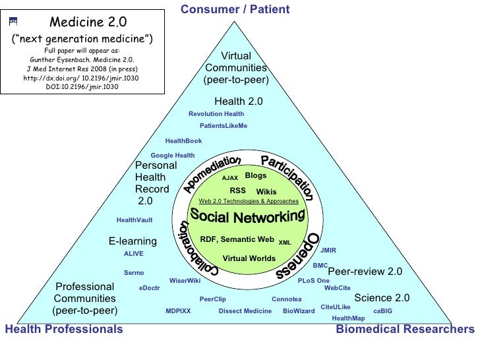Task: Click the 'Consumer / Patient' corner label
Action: click(x=235, y=9)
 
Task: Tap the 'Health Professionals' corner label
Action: click(x=63, y=328)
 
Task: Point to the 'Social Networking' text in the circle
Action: click(x=247, y=215)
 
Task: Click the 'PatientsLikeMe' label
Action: click(x=224, y=126)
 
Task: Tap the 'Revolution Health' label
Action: click(x=216, y=114)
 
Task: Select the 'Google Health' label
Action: click(x=173, y=156)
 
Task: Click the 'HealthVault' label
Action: click(x=135, y=220)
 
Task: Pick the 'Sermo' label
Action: click(x=134, y=272)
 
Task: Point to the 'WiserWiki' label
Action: click(x=185, y=280)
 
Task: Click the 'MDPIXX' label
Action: click(x=178, y=311)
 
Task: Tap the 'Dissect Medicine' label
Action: click(x=245, y=311)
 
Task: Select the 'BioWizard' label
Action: click(x=299, y=311)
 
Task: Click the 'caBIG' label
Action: click(x=382, y=311)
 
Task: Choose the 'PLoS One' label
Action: click(x=314, y=280)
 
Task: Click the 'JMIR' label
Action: click(x=328, y=251)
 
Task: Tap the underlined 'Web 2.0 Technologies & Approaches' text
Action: click(x=249, y=201)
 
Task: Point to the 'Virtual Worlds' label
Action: click(x=249, y=258)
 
